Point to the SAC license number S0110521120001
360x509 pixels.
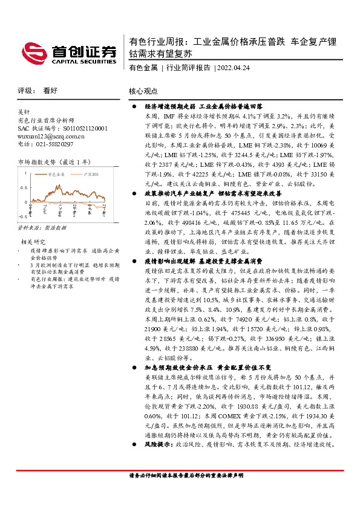(x=75, y=129)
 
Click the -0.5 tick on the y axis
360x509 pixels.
(x=23, y=216)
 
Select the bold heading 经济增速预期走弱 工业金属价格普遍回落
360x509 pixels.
(x=203, y=105)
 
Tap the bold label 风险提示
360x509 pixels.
(x=159, y=461)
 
